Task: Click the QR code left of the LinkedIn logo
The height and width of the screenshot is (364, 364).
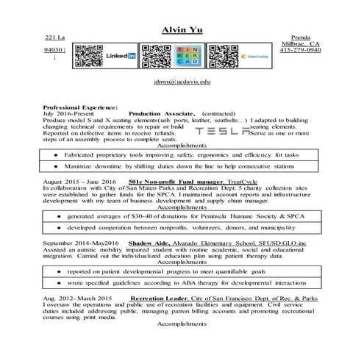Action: [x=88, y=55]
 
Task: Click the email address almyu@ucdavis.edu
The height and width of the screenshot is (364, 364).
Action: [x=182, y=83]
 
